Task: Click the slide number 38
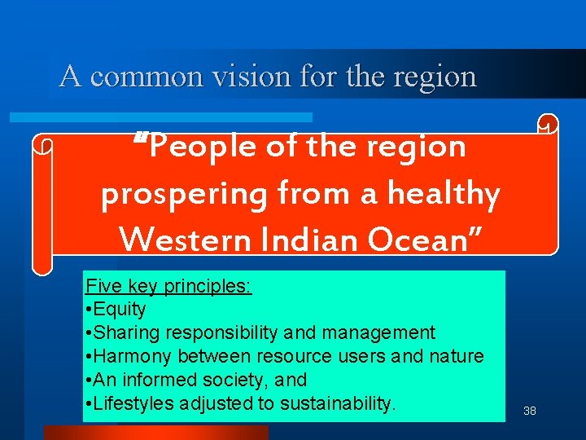click(530, 411)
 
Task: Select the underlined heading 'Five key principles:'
click(168, 286)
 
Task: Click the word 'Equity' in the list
click(120, 310)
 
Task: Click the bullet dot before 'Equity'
click(88, 310)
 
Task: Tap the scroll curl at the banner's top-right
click(548, 124)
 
